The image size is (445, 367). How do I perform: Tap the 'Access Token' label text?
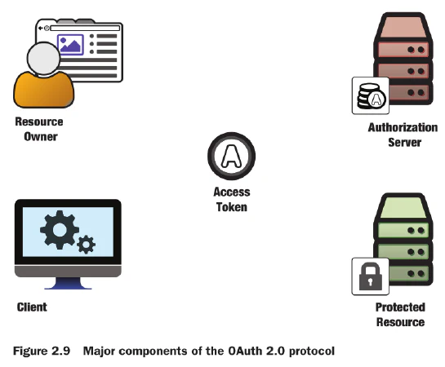click(x=232, y=200)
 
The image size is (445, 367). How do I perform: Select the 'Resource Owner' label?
click(x=38, y=129)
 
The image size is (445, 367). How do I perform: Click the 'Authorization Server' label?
click(x=403, y=135)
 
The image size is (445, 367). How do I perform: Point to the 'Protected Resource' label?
click(x=399, y=314)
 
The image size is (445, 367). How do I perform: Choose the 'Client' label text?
click(x=32, y=307)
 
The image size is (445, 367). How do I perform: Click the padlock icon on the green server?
click(x=369, y=276)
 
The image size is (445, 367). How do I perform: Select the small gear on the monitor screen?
click(x=86, y=244)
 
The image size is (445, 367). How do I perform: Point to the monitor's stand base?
click(x=69, y=286)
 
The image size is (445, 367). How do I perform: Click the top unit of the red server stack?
click(x=401, y=28)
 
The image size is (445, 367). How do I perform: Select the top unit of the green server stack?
click(x=401, y=209)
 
